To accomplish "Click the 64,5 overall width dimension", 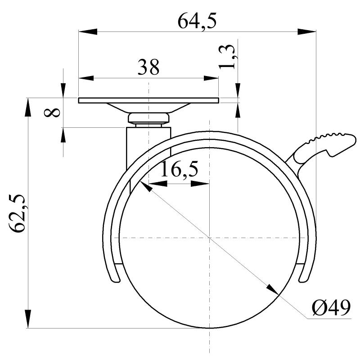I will (x=197, y=22).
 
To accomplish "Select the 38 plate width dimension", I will (x=148, y=67).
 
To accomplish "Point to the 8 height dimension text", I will (x=53, y=112).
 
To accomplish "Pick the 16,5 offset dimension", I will (x=179, y=170).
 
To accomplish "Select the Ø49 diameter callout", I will (x=331, y=309).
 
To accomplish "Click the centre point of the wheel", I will (x=210, y=237).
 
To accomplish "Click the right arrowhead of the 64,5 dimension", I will (x=308, y=31).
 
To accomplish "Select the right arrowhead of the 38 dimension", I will (x=211, y=78).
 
